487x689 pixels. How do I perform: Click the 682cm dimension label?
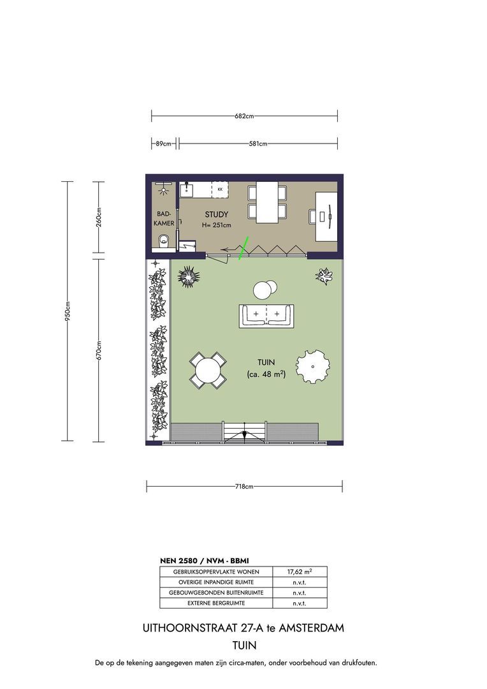click(x=244, y=117)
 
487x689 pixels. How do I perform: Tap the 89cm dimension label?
click(x=163, y=144)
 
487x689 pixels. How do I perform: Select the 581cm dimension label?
click(x=258, y=144)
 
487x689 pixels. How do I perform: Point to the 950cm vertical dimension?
click(x=68, y=311)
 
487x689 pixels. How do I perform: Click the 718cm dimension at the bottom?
click(x=244, y=487)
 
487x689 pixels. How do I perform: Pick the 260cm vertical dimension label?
click(x=98, y=216)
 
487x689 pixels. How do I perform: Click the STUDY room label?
click(x=217, y=214)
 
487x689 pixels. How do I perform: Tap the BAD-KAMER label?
click(x=164, y=218)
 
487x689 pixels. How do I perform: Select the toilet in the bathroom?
click(x=164, y=241)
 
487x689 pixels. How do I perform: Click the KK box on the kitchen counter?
click(x=220, y=189)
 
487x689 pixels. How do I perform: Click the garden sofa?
click(x=267, y=316)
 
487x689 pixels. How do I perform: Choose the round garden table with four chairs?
click(x=208, y=370)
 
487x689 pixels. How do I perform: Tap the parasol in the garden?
click(x=313, y=367)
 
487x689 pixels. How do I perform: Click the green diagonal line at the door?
click(x=243, y=248)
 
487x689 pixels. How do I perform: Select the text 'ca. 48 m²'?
click(x=266, y=374)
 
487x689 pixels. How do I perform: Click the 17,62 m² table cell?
click(x=300, y=572)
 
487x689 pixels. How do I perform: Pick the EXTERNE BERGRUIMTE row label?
click(x=216, y=604)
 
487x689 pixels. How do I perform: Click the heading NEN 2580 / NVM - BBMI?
click(x=204, y=561)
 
